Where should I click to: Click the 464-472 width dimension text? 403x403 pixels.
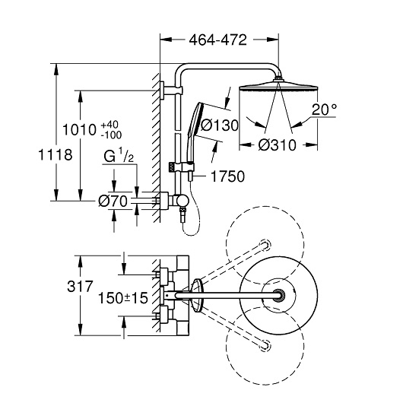218,40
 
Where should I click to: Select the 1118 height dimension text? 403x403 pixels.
56,155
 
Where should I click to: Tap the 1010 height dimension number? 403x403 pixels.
80,129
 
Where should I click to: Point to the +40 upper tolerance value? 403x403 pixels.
109,125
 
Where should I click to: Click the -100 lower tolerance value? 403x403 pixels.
111,135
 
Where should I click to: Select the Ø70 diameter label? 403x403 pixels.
113,201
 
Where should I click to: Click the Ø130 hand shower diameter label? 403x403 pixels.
220,125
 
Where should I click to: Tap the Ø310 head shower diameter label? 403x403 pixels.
277,145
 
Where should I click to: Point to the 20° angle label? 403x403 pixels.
325,109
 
